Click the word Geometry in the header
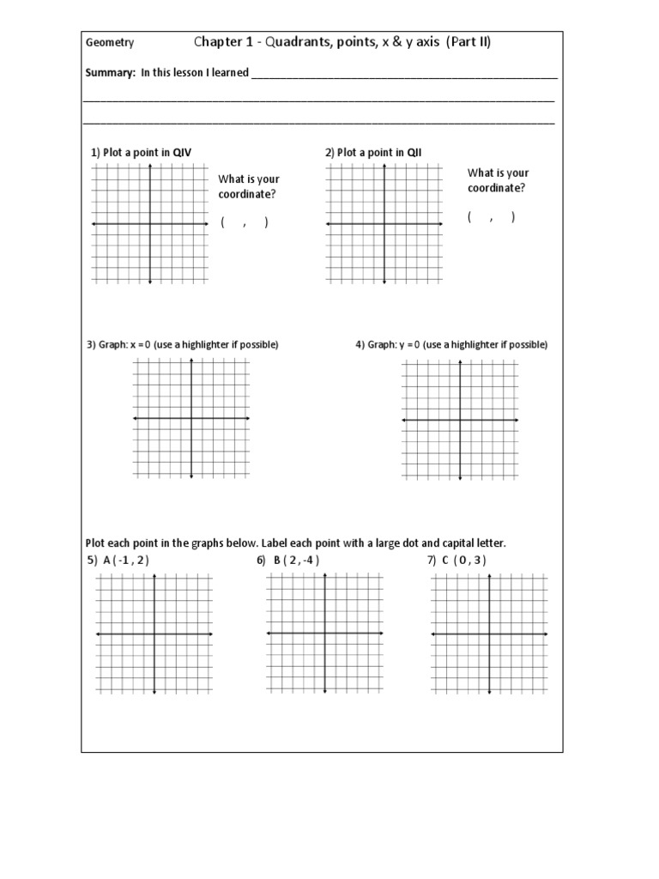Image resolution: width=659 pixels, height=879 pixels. (109, 43)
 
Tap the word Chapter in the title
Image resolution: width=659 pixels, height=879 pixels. (220, 42)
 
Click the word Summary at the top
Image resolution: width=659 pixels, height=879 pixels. (110, 73)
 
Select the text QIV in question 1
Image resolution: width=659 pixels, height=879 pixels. (182, 153)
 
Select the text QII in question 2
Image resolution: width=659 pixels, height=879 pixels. (413, 153)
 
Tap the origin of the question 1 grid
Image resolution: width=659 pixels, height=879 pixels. (150, 224)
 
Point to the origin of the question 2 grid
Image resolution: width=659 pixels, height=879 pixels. (384, 224)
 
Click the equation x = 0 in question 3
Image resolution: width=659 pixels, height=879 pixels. (142, 345)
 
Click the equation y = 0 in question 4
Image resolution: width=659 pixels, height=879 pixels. (410, 345)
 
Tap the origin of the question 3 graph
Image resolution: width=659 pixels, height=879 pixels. (191, 418)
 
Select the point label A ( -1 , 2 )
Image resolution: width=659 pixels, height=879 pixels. (131, 561)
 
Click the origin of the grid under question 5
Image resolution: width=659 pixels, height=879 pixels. (154, 634)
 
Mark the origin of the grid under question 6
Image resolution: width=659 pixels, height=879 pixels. (324, 633)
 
